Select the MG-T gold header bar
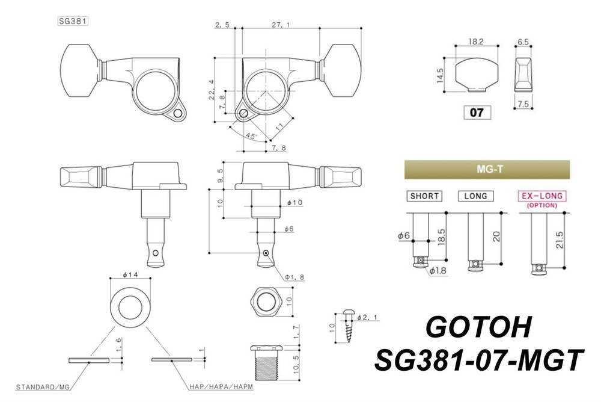click(486, 169)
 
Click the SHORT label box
click(425, 196)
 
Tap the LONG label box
click(475, 196)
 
